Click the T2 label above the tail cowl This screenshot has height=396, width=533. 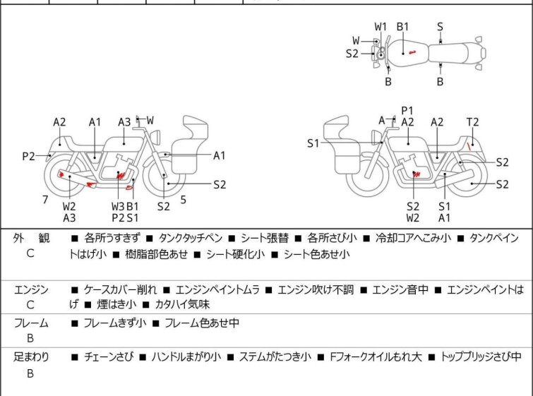pos(472,122)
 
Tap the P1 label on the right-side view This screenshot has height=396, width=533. pos(407,111)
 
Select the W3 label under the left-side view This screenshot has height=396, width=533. pos(118,206)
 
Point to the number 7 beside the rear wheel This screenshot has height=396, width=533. pos(45,200)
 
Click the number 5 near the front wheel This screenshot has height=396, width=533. pos(184,200)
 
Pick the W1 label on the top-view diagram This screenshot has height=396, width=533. pos(381,27)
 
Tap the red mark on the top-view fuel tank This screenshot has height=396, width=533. pos(412,52)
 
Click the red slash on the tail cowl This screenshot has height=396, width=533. pos(469,147)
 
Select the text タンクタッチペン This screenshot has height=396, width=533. pos(191,238)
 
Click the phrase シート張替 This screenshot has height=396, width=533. pos(265,238)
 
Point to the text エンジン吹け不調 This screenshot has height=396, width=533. pos(316,290)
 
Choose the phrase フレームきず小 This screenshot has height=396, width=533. pos(115,323)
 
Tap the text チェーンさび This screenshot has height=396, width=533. pos(109,357)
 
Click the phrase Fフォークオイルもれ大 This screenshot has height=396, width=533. pos(376,357)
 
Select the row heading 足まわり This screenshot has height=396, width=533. pos(31,357)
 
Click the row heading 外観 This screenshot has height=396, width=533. pos(31,238)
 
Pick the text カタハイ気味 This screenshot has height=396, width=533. pos(182,304)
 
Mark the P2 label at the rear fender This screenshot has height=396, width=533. pos(28,157)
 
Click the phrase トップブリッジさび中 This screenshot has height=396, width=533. pos(481,357)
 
